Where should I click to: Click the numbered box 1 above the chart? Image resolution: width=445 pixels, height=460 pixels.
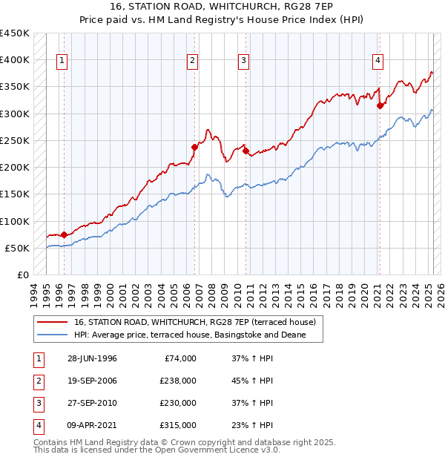tap(61, 61)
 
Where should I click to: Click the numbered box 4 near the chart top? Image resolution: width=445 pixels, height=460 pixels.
tap(378, 61)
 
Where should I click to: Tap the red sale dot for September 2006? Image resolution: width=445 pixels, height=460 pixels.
tap(194, 147)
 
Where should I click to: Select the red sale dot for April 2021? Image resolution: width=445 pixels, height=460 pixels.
tap(380, 105)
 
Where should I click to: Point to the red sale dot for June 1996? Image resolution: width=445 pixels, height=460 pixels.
tap(64, 235)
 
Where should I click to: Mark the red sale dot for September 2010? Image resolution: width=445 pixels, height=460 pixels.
tap(245, 151)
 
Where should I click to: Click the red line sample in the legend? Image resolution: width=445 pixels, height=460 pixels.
tap(52, 322)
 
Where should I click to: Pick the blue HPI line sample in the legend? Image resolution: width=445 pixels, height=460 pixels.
tap(52, 335)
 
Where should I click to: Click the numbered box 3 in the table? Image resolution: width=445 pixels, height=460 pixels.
tap(36, 403)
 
